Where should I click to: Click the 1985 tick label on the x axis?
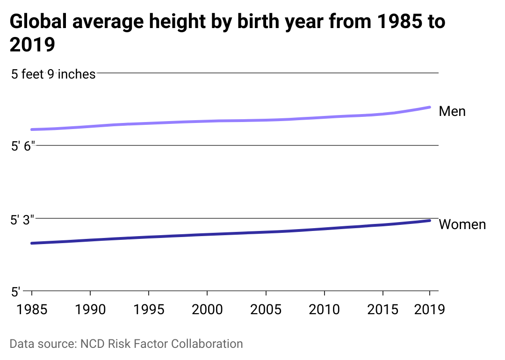[x=32, y=310]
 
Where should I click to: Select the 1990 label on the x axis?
[x=90, y=310]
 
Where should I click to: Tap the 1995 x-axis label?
[x=148, y=310]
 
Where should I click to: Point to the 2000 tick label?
[x=207, y=310]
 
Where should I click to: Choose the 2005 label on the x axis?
[x=266, y=310]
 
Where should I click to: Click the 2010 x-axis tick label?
[x=324, y=310]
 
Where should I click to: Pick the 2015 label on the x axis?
[x=382, y=310]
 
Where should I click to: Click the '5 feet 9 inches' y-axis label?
[x=53, y=74]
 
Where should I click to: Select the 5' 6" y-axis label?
[x=23, y=147]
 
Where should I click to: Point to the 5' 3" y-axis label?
[x=23, y=220]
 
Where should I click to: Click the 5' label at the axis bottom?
[x=16, y=292]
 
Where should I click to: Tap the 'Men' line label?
[x=452, y=111]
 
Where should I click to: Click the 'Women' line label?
[x=462, y=224]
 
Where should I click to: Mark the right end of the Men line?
[x=430, y=107]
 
